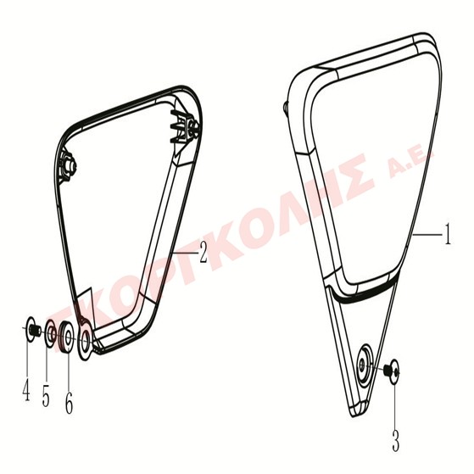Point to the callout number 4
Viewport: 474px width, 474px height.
click(26, 389)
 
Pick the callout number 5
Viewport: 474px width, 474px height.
click(46, 395)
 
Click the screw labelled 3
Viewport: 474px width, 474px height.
click(392, 371)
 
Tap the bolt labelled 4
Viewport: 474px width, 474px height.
click(33, 329)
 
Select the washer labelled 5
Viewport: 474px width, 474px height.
click(50, 334)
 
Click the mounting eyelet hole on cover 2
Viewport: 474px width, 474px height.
click(86, 340)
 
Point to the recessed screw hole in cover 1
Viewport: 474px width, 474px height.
click(364, 365)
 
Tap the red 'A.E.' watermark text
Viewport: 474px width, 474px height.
click(412, 163)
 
